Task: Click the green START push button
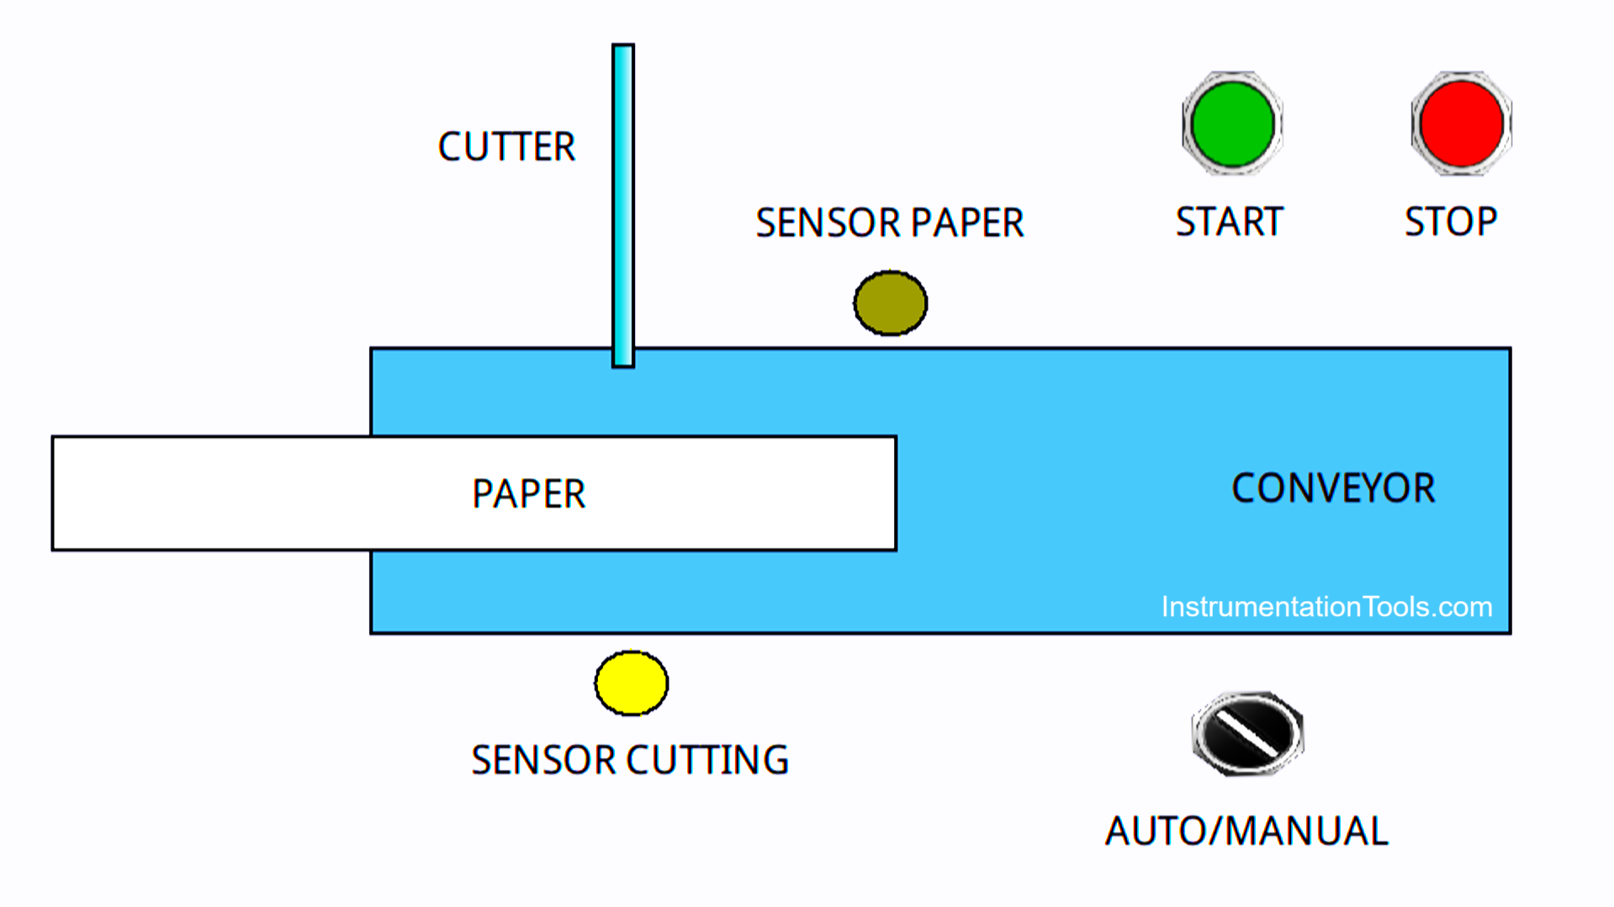(1232, 124)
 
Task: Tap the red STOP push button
(1461, 124)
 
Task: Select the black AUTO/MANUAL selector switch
(1247, 733)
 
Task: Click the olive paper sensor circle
(890, 303)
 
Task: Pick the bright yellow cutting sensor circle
(631, 683)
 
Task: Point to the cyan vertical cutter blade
(623, 202)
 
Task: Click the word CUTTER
(506, 147)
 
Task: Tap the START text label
(1229, 223)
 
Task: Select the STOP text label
(1451, 223)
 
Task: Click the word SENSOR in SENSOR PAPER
(828, 224)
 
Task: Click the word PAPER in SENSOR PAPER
(967, 224)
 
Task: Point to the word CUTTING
(707, 761)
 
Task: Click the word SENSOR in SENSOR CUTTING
(543, 761)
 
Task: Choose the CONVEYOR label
(1333, 488)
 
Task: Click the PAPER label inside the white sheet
(528, 494)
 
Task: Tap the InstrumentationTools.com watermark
(1326, 607)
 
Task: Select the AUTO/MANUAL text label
(1246, 832)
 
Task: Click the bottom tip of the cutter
(623, 363)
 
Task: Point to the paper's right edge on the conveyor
(896, 493)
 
